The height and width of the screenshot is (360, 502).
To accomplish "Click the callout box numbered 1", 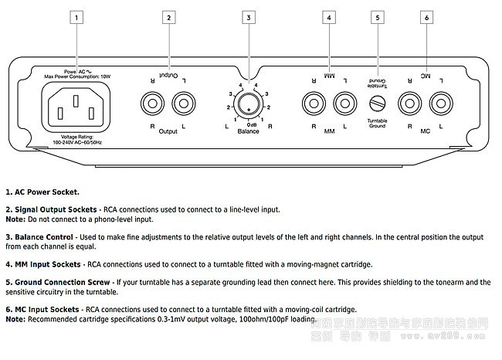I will tap(76, 16).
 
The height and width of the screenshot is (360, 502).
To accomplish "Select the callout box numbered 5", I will tap(377, 16).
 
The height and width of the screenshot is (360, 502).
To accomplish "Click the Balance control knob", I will tap(248, 104).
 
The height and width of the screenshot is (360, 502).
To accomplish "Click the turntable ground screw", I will tap(378, 104).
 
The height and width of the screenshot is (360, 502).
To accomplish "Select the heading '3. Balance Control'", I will tap(39, 236).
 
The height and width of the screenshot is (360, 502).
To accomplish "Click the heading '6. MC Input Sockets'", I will tap(42, 309).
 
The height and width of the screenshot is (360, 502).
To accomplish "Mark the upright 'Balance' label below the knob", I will tap(248, 131).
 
